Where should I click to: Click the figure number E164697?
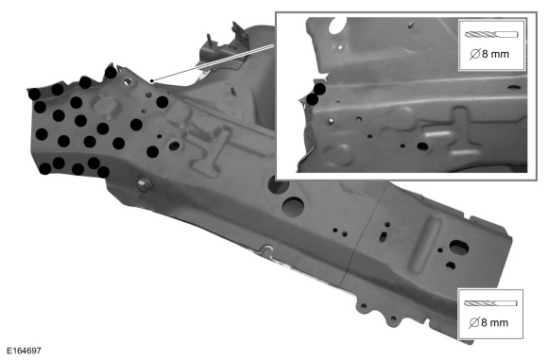(25, 351)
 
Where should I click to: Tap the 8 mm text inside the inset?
(496, 54)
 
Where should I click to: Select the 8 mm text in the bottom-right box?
(495, 322)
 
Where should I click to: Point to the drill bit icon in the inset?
(491, 35)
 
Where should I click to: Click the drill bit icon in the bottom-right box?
(490, 303)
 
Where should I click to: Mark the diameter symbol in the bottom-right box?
(474, 322)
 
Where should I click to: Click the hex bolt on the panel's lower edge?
(144, 184)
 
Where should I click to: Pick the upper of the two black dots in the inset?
(319, 89)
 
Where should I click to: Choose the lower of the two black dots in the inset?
(312, 99)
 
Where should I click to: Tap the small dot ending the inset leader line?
(152, 81)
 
